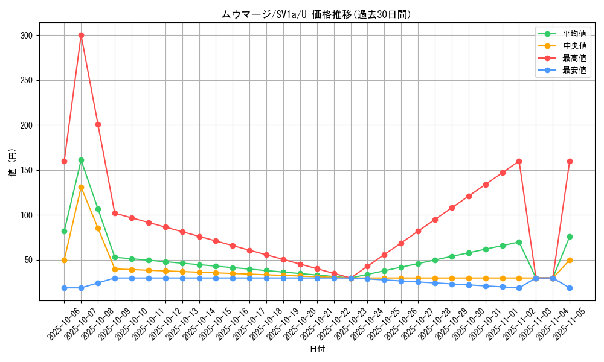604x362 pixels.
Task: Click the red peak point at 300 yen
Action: [81, 35]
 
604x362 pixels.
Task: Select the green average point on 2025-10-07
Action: [81, 160]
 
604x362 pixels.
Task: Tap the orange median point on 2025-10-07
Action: [81, 187]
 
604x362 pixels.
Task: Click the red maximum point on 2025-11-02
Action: [519, 161]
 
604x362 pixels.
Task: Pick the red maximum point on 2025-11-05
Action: [570, 161]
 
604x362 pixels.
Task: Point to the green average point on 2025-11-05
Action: [570, 237]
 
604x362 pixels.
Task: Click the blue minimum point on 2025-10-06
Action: [64, 288]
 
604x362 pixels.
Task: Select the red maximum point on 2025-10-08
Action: [98, 124]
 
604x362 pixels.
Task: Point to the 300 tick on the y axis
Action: [26, 36]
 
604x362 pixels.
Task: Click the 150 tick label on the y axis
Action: [26, 170]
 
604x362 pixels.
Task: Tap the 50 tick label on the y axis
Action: [28, 260]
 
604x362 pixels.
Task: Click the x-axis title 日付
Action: [317, 349]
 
